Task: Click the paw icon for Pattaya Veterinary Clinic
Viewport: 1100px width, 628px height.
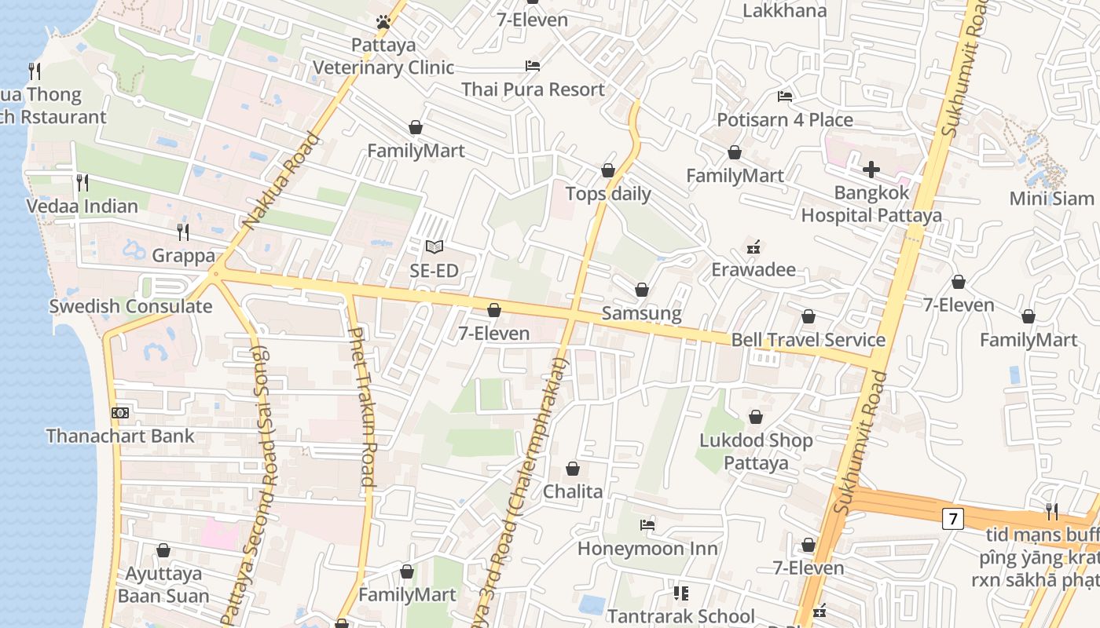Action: [383, 22]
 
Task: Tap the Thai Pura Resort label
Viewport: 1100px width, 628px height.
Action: [533, 89]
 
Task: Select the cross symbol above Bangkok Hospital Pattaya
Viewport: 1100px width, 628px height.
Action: [871, 170]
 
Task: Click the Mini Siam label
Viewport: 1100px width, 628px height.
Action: [1051, 198]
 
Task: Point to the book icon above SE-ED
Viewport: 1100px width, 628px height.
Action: [434, 247]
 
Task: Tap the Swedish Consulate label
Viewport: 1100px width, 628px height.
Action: [130, 306]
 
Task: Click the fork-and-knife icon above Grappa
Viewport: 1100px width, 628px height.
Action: [183, 232]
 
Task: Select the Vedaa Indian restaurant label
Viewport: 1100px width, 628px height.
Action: [82, 206]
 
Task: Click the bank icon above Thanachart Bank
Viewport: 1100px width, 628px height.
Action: [120, 412]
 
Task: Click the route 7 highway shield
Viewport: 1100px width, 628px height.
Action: [953, 518]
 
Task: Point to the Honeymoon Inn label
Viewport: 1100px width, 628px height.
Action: [647, 548]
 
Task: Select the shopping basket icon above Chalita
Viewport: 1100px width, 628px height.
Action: [573, 469]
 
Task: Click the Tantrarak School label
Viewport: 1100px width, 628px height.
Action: [680, 616]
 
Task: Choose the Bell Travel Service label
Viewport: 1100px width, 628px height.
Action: [808, 340]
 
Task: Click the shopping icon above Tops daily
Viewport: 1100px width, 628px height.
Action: [607, 170]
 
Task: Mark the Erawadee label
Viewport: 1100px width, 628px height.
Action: [753, 270]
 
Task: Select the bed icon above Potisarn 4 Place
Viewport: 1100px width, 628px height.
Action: [784, 97]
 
